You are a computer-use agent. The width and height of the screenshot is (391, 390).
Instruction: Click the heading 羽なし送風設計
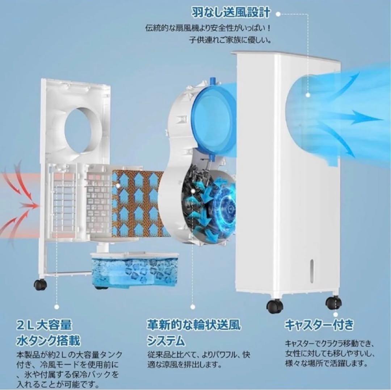click(231, 13)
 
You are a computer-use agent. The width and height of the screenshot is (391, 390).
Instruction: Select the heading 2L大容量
click(44, 324)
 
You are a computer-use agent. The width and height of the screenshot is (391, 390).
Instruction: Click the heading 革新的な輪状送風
click(193, 324)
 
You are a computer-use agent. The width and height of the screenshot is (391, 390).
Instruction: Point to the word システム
click(166, 340)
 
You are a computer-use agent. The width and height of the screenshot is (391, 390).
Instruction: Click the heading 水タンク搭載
click(48, 340)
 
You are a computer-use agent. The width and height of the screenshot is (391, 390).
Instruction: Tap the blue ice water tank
click(134, 270)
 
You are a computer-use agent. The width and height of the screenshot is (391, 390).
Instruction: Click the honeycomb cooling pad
click(136, 203)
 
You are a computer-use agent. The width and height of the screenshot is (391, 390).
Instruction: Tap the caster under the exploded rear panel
click(40, 285)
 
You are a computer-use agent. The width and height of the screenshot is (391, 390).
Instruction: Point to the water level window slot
click(311, 270)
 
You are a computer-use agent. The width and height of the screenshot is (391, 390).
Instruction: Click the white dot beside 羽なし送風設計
click(278, 14)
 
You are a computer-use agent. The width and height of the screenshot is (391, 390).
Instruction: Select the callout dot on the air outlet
click(308, 95)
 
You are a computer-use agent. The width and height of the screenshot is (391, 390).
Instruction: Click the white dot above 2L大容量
click(56, 307)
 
